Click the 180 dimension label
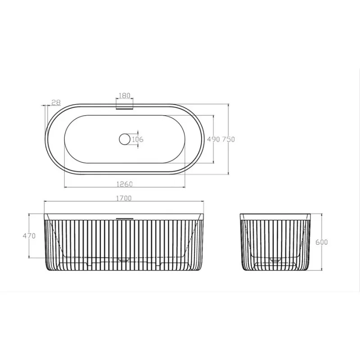tap(125, 95)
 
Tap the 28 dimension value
tap(56, 103)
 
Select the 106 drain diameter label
tap(138, 139)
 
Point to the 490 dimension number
tap(213, 139)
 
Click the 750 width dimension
tap(229, 139)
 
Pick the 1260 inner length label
tap(125, 184)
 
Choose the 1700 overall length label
tap(124, 198)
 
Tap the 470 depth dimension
tap(29, 236)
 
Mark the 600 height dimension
tap(321, 242)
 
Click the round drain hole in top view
tap(125, 139)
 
